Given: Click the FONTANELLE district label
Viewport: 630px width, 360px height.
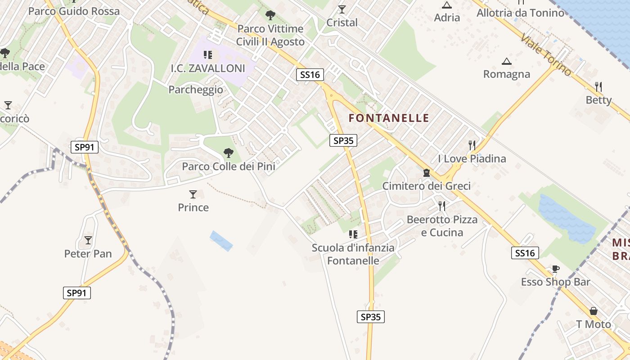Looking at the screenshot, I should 389,118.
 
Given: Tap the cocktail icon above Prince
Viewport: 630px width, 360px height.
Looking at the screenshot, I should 193,194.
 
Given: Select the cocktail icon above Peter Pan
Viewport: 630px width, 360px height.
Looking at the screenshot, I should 88,240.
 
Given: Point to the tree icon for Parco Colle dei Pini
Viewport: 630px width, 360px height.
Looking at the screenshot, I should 229,153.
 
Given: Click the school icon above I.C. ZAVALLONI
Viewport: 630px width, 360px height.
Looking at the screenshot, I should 207,55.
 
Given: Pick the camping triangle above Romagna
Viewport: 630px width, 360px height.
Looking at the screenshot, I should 507,61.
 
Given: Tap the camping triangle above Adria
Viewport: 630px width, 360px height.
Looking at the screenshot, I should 447,5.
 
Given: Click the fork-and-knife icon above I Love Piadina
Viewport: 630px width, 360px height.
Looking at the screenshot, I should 472,145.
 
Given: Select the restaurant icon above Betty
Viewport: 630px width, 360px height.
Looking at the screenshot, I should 598,86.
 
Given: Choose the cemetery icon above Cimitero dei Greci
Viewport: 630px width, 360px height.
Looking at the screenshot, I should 426,172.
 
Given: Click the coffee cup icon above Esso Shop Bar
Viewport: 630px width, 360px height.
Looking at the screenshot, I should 555,269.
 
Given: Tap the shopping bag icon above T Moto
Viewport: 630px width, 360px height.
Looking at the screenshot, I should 594,311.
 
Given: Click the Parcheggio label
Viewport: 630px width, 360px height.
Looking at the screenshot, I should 196,90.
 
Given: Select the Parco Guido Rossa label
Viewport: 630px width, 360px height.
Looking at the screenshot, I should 74,11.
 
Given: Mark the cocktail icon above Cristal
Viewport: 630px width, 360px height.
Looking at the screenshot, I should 342,9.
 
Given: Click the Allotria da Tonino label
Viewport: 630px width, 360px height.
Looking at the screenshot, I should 520,13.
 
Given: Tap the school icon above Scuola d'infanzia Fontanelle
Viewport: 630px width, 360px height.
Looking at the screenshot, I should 353,234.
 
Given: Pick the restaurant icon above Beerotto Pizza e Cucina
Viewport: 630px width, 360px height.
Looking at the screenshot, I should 442,206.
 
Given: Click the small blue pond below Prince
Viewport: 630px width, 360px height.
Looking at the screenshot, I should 221,241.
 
